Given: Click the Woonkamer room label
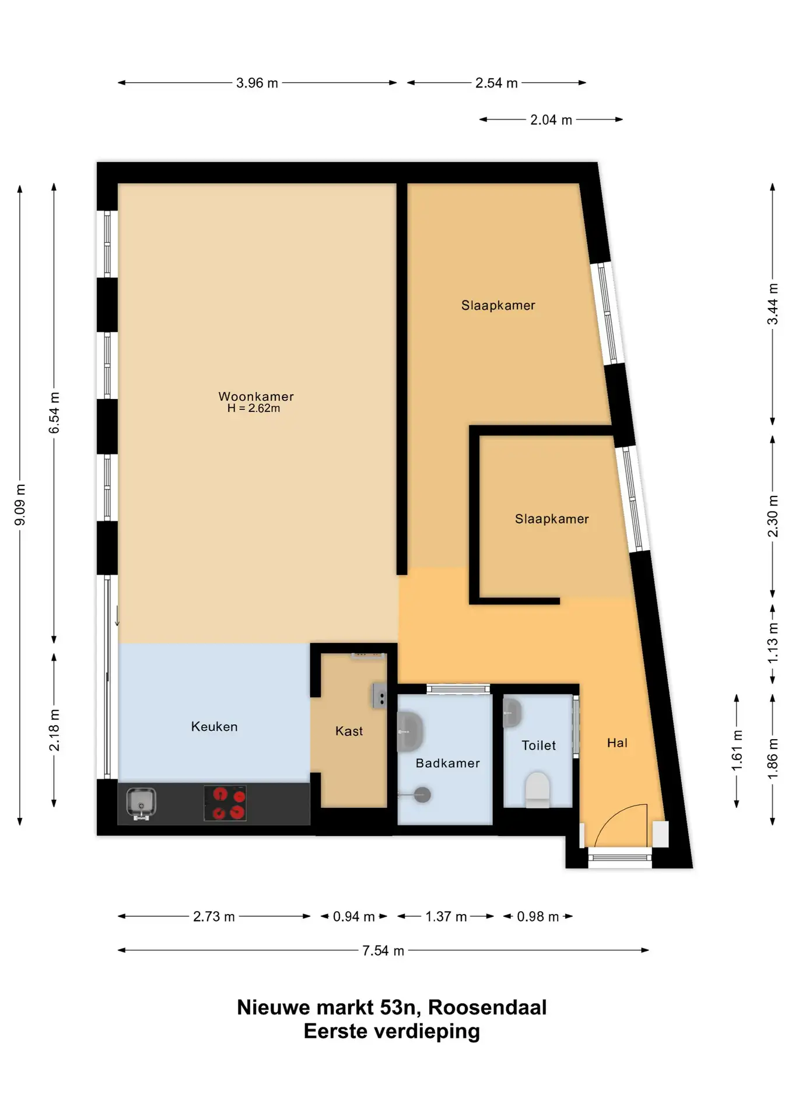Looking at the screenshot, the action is pyautogui.click(x=256, y=397).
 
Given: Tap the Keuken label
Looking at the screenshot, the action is pyautogui.click(x=215, y=727).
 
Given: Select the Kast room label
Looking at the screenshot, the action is pyautogui.click(x=349, y=731).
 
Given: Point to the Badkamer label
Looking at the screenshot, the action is pyautogui.click(x=447, y=764).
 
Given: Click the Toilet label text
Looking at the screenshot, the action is pyautogui.click(x=538, y=745).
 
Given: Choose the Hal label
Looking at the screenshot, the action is pyautogui.click(x=617, y=743).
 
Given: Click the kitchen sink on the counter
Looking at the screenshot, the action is pyautogui.click(x=141, y=803).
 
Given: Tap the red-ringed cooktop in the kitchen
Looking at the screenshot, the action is pyautogui.click(x=225, y=803).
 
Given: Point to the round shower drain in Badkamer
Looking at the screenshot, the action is pyautogui.click(x=422, y=794).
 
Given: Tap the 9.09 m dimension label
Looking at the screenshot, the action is pyautogui.click(x=20, y=505).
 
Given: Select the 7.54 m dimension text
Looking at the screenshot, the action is pyautogui.click(x=383, y=951).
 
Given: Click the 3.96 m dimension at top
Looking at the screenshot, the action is pyautogui.click(x=257, y=83).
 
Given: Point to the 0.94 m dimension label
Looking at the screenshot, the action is pyautogui.click(x=353, y=917).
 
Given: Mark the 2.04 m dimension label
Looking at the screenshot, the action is pyautogui.click(x=551, y=120).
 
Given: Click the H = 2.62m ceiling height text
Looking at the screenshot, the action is pyautogui.click(x=254, y=408).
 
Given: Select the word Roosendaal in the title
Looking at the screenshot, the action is pyautogui.click(x=488, y=1007).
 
